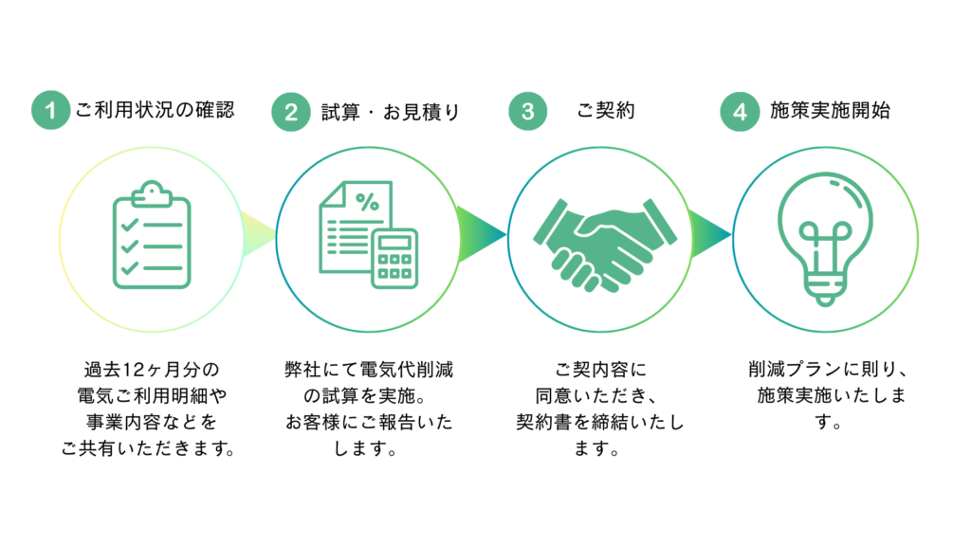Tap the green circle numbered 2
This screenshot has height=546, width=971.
click(290, 112)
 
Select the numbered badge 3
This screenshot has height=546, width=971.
click(527, 112)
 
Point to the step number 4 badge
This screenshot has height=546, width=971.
click(740, 112)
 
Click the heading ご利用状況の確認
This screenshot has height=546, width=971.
click(154, 111)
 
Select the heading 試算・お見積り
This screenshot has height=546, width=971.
click(390, 112)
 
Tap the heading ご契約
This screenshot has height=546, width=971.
click(606, 111)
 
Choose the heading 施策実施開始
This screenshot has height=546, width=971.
click(830, 111)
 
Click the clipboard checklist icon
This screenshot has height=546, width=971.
click(152, 236)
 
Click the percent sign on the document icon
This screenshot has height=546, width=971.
click(365, 201)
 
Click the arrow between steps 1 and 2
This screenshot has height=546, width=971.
click(256, 236)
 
